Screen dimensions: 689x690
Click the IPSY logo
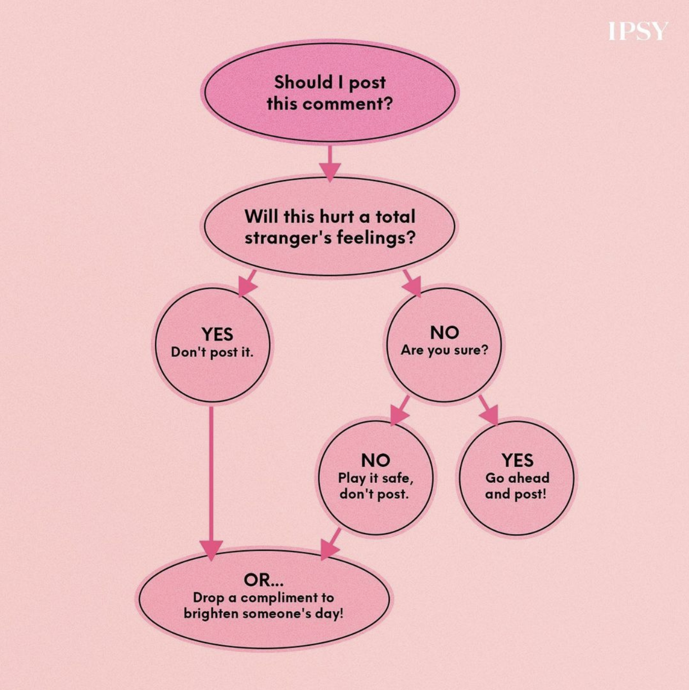638,31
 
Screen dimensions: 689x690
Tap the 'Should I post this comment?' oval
329,92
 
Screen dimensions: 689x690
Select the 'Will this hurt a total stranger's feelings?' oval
329,227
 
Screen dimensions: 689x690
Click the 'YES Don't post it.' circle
212,344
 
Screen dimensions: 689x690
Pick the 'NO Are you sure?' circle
444,344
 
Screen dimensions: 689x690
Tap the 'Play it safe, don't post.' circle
375,478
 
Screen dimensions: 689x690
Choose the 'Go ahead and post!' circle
517,478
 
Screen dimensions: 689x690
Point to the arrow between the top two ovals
329,163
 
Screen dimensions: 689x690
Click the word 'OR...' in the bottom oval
263,580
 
